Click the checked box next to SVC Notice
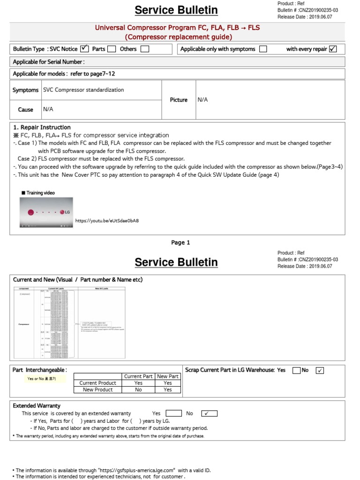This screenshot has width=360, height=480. tap(84, 49)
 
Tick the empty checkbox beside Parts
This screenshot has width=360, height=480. tap(112, 49)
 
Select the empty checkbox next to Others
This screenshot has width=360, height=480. tap(145, 49)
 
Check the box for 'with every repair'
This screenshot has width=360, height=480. tap(333, 49)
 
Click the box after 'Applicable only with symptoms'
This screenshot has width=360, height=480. tap(263, 49)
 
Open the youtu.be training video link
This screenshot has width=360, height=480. tap(107, 220)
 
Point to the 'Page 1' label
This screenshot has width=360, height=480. tap(180, 242)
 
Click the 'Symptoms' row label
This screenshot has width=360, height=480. tap(25, 90)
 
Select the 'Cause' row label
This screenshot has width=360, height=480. tap(25, 110)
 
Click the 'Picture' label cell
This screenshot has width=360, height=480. tap(179, 100)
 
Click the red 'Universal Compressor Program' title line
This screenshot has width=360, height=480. tap(177, 28)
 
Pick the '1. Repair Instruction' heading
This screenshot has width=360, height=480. tap(42, 127)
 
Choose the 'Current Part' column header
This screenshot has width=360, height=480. tap(138, 376)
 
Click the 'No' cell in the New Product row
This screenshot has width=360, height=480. tap(138, 390)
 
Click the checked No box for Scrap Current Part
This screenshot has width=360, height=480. tap(320, 370)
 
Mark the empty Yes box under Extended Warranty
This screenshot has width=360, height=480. tap(173, 413)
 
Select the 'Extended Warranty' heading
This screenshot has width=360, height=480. tap(37, 405)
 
